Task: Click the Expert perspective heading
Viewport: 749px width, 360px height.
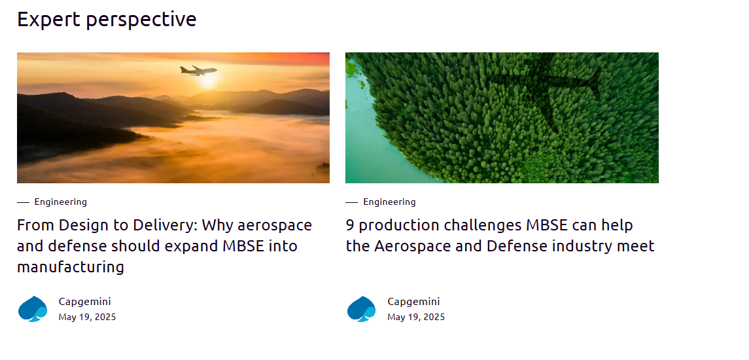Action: [107, 20]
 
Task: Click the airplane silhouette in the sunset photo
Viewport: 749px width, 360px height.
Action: [198, 71]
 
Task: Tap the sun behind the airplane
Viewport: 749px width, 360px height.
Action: [209, 80]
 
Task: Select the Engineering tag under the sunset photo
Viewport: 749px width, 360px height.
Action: [61, 202]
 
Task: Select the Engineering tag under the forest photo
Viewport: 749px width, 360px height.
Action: [389, 202]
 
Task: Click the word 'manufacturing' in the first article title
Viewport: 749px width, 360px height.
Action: [71, 267]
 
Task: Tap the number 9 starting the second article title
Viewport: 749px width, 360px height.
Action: [350, 225]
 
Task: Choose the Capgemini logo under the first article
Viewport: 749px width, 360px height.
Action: [33, 309]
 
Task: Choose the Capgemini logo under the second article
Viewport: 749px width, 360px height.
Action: [362, 309]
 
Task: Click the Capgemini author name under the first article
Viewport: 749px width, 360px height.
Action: [84, 302]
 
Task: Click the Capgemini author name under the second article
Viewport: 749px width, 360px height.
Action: [413, 302]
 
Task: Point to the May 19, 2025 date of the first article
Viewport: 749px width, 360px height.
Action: [88, 317]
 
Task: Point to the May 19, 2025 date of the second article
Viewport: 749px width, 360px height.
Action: [416, 317]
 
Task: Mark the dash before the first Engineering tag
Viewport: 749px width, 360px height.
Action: [24, 203]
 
